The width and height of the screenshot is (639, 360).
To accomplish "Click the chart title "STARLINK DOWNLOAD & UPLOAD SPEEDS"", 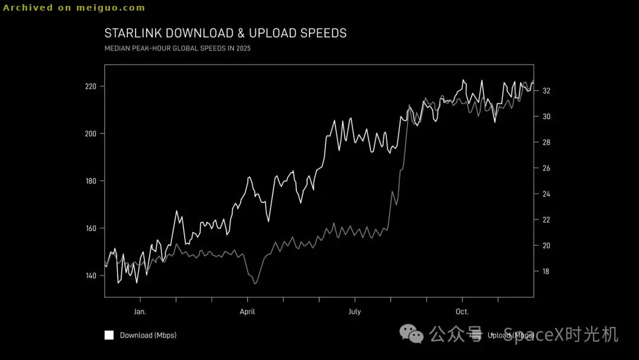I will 225,33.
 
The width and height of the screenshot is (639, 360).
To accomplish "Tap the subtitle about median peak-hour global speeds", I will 177,49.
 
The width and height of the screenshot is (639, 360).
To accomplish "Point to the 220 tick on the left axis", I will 91,86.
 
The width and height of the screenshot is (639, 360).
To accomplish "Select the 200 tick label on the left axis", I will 91,134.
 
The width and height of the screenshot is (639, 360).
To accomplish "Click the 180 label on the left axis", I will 91,181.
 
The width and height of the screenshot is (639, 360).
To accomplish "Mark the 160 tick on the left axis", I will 91,229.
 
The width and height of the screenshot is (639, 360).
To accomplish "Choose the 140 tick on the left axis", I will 91,276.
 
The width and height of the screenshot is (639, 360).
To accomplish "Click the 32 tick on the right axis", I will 547,91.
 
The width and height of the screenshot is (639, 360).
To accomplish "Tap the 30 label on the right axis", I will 547,117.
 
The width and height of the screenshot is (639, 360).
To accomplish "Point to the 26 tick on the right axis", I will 547,169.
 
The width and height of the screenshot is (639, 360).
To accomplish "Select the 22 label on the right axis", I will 547,220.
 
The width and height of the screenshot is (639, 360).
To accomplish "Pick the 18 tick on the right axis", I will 547,272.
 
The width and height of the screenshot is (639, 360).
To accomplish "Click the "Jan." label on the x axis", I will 140,311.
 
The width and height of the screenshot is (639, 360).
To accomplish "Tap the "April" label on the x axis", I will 247,311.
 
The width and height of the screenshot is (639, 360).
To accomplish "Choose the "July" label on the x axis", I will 354,311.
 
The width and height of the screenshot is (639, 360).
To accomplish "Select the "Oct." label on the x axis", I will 462,311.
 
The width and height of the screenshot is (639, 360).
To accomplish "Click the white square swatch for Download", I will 109,335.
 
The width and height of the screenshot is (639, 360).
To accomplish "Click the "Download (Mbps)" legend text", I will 148,335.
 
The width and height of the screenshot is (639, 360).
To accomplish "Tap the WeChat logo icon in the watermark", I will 412,334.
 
